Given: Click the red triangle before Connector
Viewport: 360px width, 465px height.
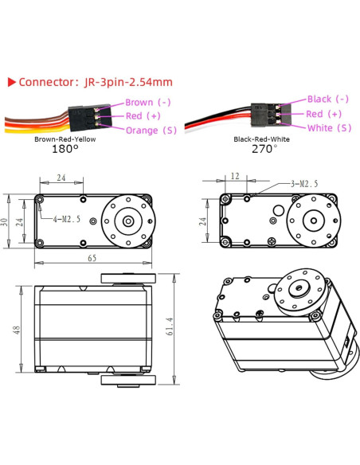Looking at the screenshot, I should click(11, 82).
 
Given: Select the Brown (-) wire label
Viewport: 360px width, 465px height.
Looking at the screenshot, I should click(148, 103).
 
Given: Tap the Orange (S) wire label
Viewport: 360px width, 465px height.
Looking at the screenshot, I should click(151, 130).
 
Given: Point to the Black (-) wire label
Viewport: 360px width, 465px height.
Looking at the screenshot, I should click(327, 100).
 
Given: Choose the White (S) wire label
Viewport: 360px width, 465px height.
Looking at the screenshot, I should click(327, 127).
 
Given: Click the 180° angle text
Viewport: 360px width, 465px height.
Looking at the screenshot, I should click(65, 148).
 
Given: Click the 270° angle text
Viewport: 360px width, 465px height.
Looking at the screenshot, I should click(263, 148).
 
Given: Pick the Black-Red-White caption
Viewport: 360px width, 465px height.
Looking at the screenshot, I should click(263, 139).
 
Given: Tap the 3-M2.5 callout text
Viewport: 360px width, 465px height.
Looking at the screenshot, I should click(303, 183).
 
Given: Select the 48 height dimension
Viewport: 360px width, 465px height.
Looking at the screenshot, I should click(15, 329).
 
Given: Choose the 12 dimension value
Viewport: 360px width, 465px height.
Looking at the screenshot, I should click(236, 175).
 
